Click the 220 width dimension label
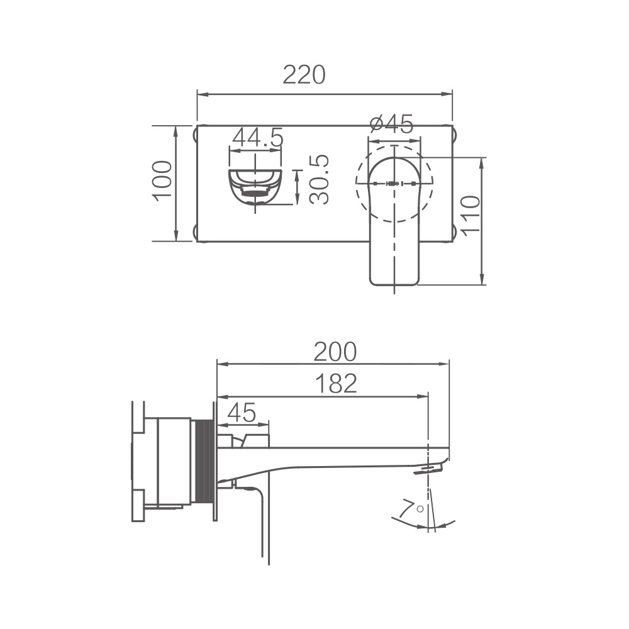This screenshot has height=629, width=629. click(304, 75)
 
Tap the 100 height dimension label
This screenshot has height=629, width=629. click(162, 179)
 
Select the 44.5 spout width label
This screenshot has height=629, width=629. click(257, 137)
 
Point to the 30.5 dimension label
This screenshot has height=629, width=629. click(320, 179)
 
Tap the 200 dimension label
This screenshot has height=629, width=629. click(335, 352)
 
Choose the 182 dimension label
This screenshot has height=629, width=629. click(336, 384)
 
